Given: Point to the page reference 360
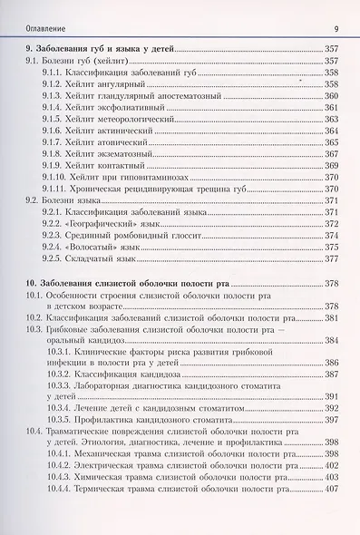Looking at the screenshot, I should click(331, 95).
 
